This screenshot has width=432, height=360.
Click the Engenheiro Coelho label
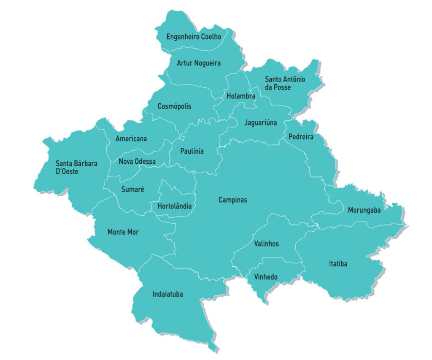pyautogui.click(x=193, y=37)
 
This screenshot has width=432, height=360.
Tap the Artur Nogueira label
pyautogui.click(x=198, y=63)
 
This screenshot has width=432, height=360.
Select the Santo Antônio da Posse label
pyautogui.click(x=285, y=83)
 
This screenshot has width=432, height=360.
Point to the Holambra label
pyautogui.click(x=240, y=96)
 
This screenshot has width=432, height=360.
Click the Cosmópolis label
pyautogui.click(x=174, y=106)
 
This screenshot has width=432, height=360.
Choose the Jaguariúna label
pyautogui.click(x=260, y=123)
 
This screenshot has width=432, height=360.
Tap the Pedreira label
pyautogui.click(x=301, y=137)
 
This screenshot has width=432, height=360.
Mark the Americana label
pyautogui.click(x=131, y=138)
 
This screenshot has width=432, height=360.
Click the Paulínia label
pyautogui.click(x=192, y=151)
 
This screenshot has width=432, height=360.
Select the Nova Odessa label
pyautogui.click(x=137, y=162)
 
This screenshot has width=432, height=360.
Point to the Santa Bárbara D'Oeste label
pyautogui.click(x=76, y=167)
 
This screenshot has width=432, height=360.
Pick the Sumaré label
pyautogui.click(x=133, y=189)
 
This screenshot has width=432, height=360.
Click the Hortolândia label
pyautogui.click(x=174, y=206)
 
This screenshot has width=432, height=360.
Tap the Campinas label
pyautogui.click(x=232, y=200)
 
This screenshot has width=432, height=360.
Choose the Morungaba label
pyautogui.click(x=364, y=210)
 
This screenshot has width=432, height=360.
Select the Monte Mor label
pyautogui.click(x=123, y=232)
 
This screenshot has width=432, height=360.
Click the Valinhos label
pyautogui.click(x=266, y=244)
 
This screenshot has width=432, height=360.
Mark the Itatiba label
pyautogui.click(x=338, y=264)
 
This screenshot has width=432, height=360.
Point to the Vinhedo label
pyautogui.click(x=265, y=277)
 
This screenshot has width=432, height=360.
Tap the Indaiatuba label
pyautogui.click(x=167, y=294)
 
